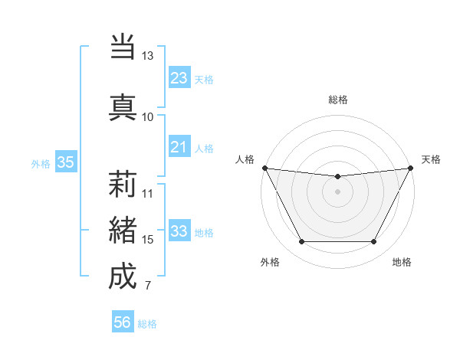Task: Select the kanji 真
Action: pos(123,106)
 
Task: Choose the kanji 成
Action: pos(123,277)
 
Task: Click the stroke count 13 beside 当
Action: pos(148,56)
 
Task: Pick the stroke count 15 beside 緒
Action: pos(148,240)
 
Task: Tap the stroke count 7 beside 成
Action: pos(147,286)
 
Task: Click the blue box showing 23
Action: pos(179,77)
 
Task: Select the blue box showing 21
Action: pos(179,147)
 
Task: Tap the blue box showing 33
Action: pos(179,231)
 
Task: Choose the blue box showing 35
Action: pos(65,162)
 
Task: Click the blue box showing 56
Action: pos(122,322)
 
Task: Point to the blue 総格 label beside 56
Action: pos(147,324)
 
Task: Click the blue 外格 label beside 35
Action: pos(41,163)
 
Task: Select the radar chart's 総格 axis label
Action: pos(337,100)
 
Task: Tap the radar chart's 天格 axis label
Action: pos(431,159)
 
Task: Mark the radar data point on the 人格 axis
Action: pos(264,168)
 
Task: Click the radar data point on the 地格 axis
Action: pos(374,242)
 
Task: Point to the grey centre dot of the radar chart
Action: pos(337,191)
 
